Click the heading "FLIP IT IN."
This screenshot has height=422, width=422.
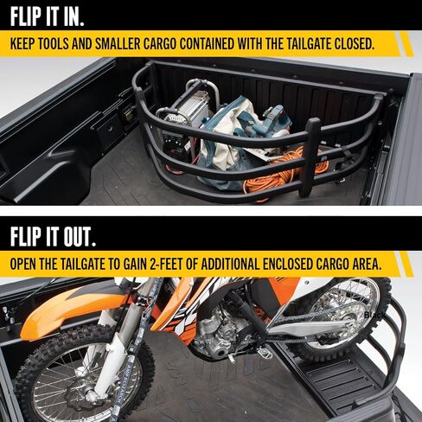coord(47,17)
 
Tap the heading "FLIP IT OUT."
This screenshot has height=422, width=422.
coord(53,237)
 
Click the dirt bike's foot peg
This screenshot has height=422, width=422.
coord(265,352)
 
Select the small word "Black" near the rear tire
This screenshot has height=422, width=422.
coord(374,315)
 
